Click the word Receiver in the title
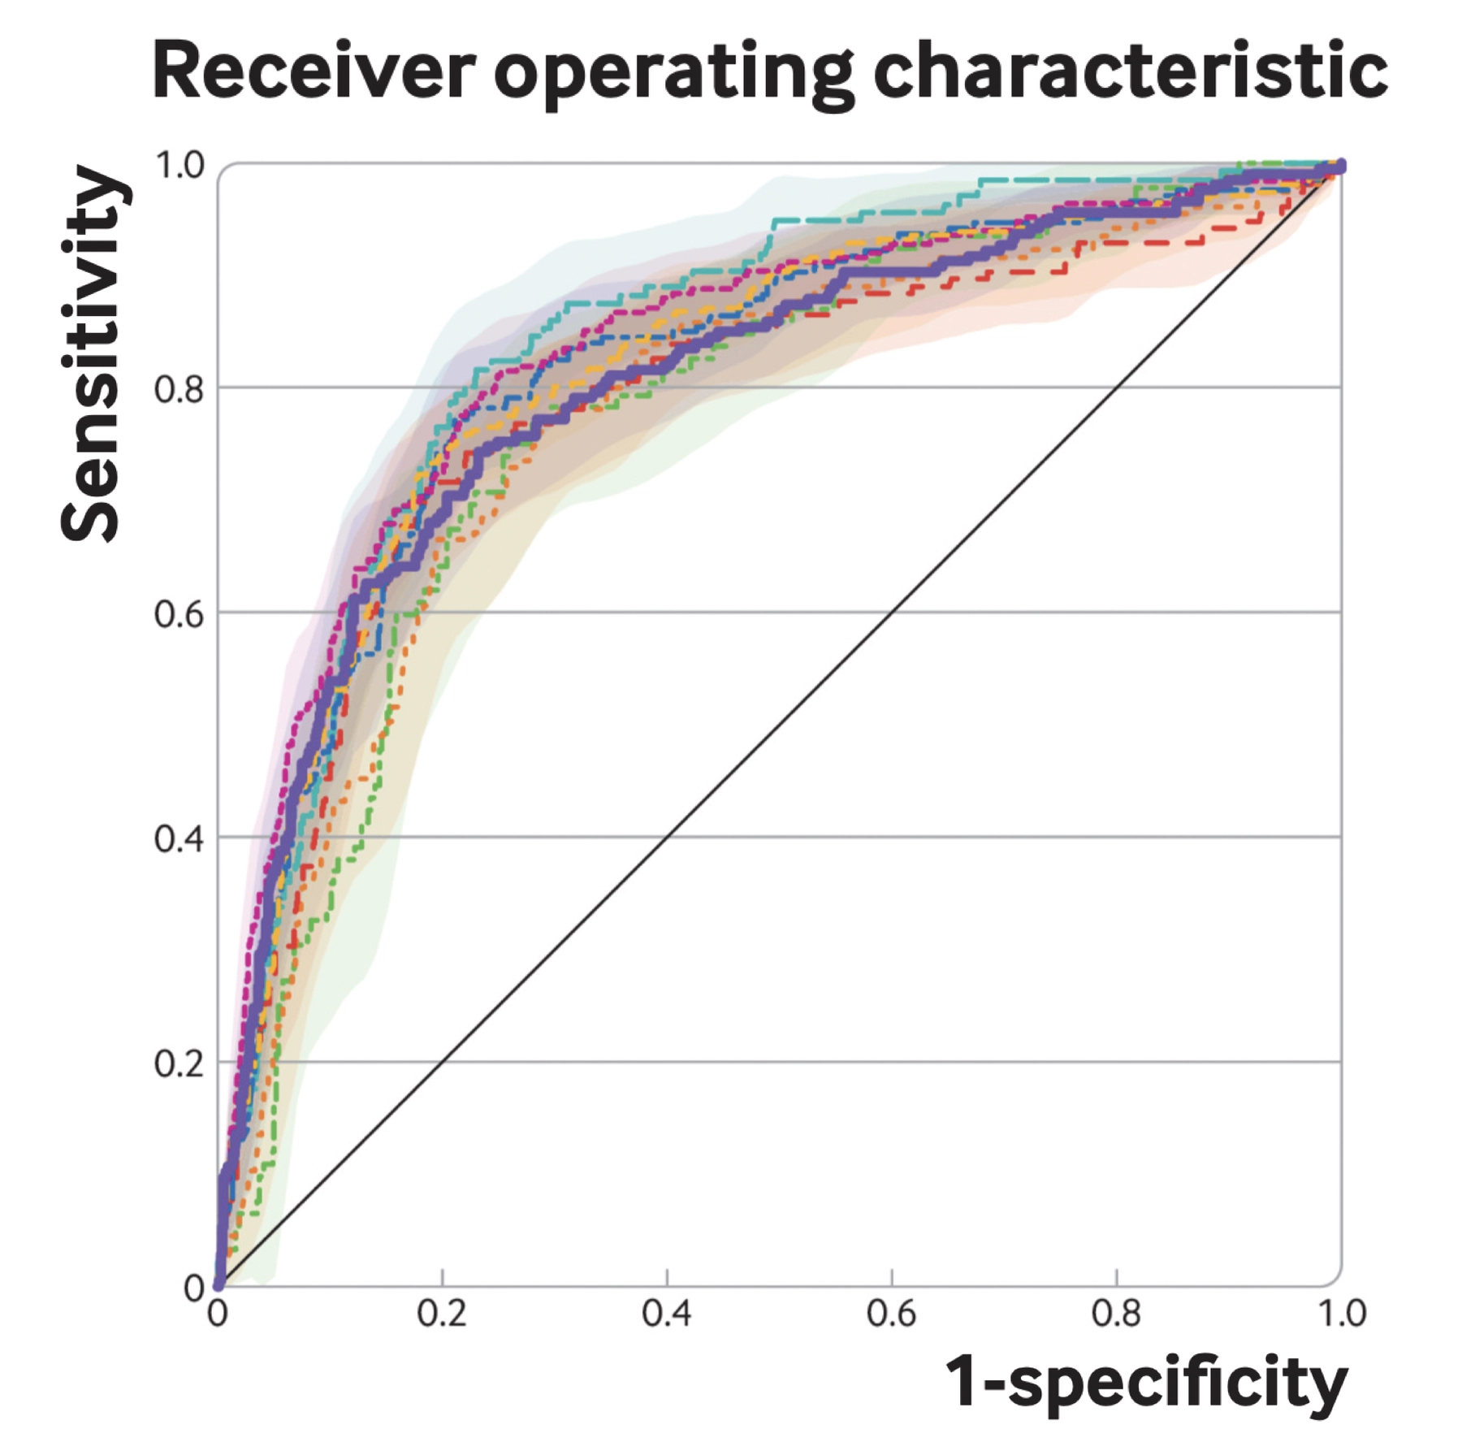[x=313, y=71]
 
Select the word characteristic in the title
[x=1130, y=71]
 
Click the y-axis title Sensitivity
[x=91, y=354]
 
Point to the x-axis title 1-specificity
[x=1146, y=1383]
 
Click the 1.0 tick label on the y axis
[x=180, y=166]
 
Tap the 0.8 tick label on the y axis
[x=180, y=389]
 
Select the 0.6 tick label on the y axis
[x=180, y=614]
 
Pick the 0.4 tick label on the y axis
[x=180, y=838]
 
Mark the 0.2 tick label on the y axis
[x=180, y=1063]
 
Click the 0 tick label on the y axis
[x=193, y=1287]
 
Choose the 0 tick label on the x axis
[x=218, y=1314]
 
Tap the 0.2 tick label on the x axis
[x=442, y=1314]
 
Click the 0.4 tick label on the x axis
[x=667, y=1314]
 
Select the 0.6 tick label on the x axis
[x=892, y=1314]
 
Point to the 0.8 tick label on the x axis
[x=1116, y=1314]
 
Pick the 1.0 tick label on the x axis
[x=1341, y=1314]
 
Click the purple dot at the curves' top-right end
[x=1340, y=167]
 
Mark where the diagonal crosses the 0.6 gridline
[x=892, y=612]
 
